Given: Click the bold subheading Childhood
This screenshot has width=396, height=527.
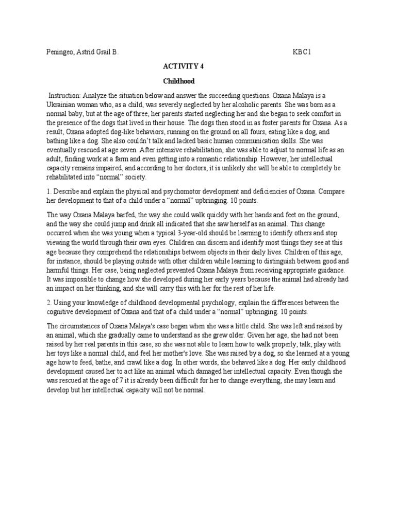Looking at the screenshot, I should coord(178,81).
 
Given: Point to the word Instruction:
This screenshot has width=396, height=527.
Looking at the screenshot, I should coord(65,96).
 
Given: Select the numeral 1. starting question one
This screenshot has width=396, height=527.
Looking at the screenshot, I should coord(49,191).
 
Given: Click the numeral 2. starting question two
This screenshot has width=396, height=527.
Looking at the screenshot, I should coord(49,303).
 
